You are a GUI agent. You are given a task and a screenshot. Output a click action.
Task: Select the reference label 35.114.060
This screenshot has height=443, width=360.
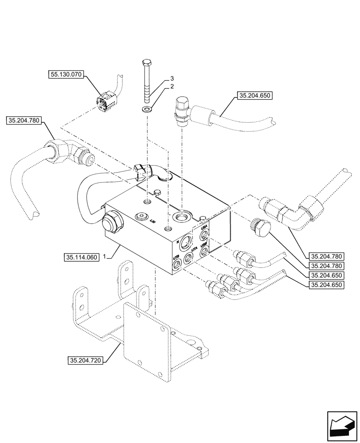click(x=81, y=257)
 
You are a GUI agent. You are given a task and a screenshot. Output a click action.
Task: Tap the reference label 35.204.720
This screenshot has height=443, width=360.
click(x=86, y=361)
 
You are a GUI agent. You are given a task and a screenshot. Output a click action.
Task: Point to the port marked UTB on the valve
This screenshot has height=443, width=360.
click(x=177, y=264)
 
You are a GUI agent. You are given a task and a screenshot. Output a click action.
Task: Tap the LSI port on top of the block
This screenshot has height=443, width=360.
click(x=141, y=216)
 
